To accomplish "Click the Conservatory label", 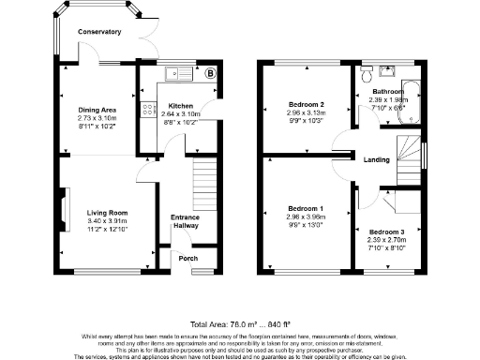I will tap(99, 32).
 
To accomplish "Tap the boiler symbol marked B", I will tap(210, 72).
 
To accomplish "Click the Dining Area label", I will tap(97, 110).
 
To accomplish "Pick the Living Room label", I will tap(108, 213).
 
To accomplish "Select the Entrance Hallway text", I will tap(184, 221).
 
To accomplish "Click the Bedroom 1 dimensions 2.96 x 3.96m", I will tap(307, 217).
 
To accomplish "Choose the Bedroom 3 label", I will tap(386, 232).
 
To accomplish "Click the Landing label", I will tap(378, 158).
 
